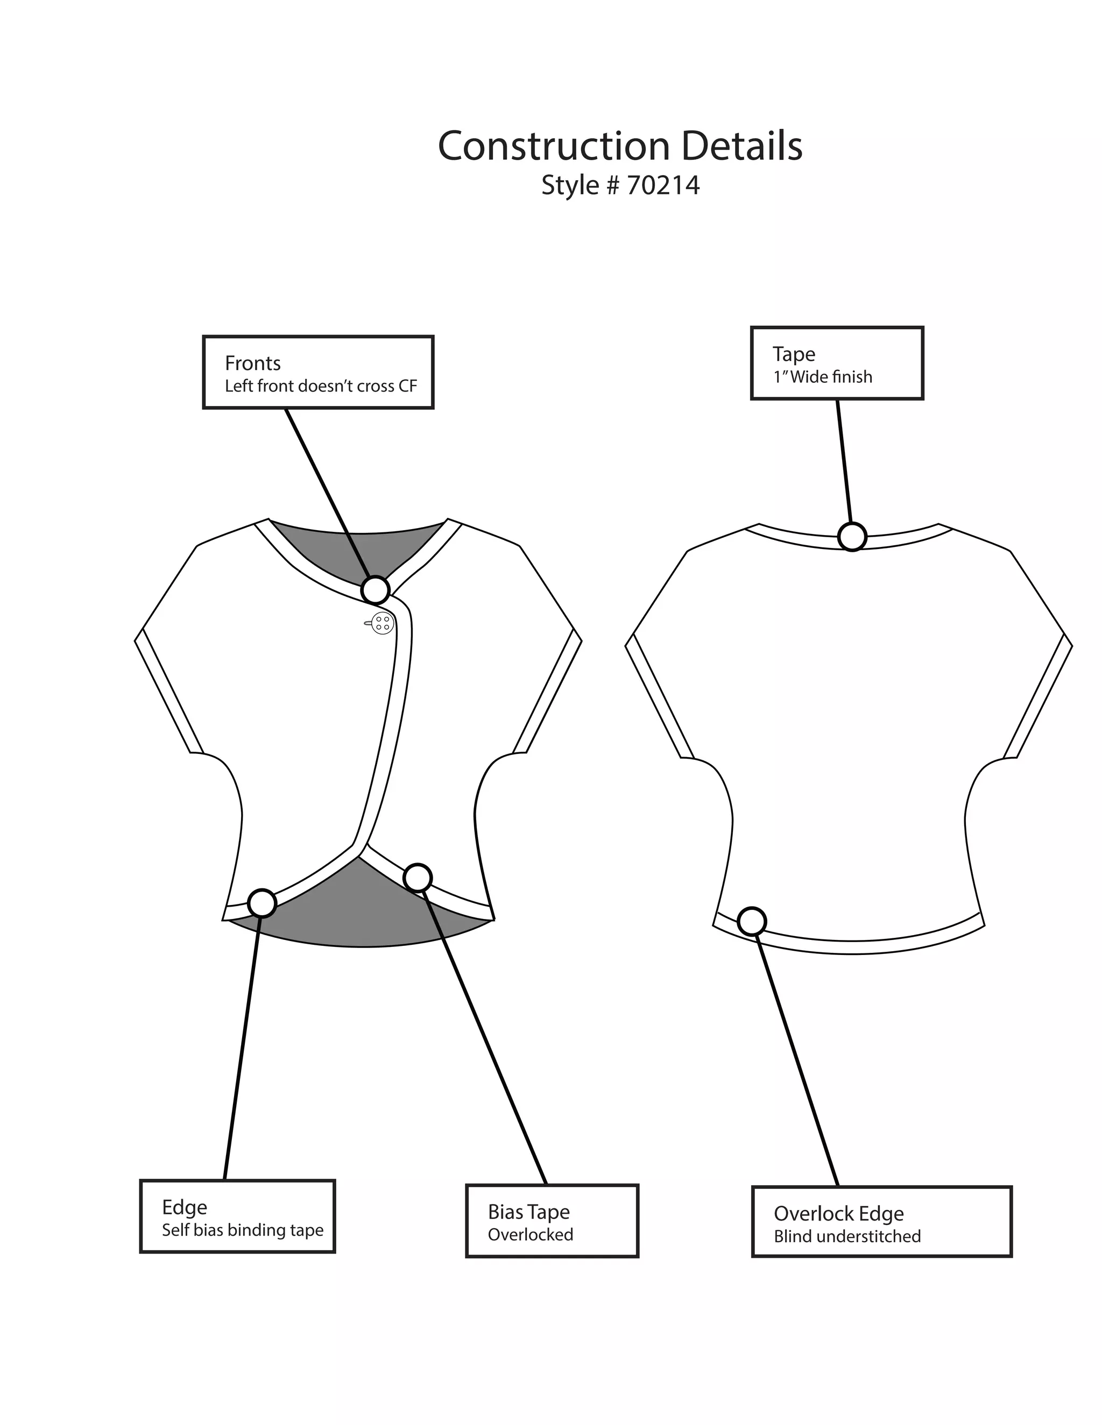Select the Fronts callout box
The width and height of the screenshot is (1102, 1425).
point(318,373)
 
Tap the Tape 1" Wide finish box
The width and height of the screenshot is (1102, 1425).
point(836,363)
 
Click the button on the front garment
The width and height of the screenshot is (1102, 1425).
point(383,623)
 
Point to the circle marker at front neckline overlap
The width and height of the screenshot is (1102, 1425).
point(376,590)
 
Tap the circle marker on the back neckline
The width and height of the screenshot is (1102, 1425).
point(852,537)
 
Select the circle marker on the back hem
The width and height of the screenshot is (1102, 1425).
point(752,921)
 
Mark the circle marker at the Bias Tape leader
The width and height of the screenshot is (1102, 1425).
point(418,878)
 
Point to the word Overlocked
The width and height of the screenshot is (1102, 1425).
point(530,1235)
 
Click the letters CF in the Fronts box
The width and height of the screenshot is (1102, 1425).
point(407,386)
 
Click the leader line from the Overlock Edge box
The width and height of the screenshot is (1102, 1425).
point(796,1057)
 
